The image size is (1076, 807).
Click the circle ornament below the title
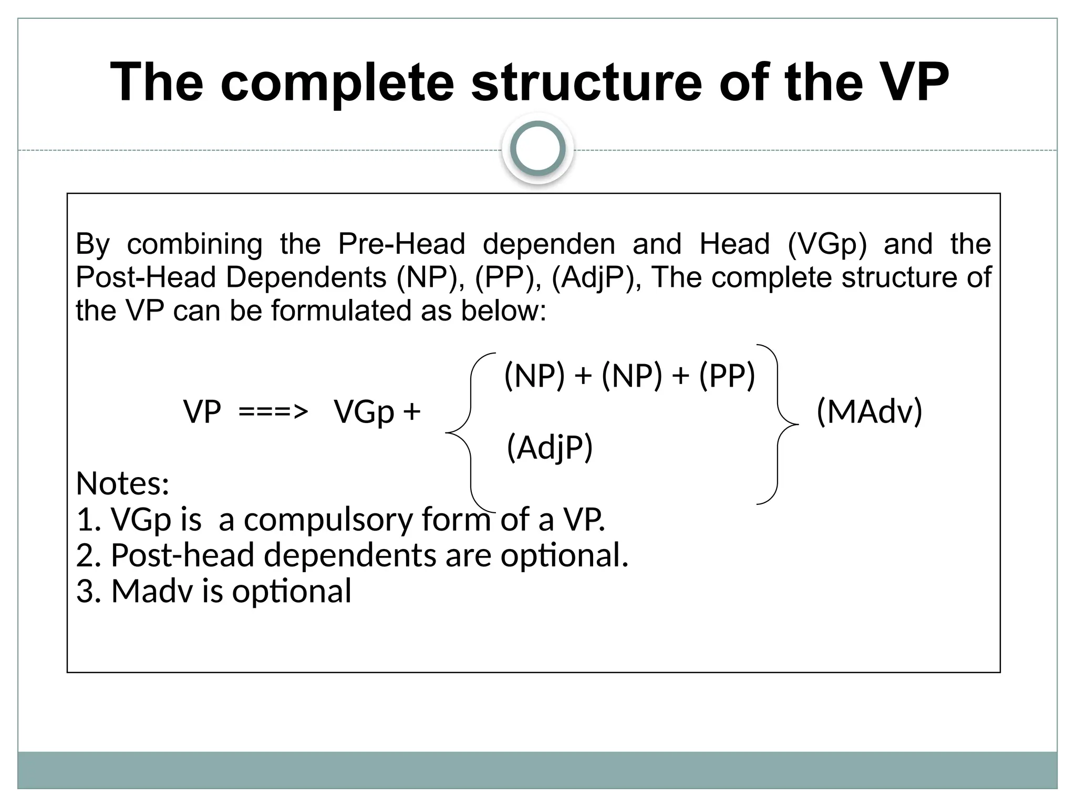(537, 149)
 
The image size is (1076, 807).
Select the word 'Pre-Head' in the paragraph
(401, 244)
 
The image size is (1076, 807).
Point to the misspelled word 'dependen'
(549, 244)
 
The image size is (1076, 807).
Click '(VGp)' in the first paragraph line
(827, 244)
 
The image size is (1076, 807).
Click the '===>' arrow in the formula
(273, 411)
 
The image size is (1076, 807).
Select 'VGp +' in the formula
(377, 411)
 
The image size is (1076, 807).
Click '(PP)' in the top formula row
(727, 376)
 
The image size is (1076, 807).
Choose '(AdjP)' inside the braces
(550, 448)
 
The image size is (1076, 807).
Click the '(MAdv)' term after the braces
(870, 411)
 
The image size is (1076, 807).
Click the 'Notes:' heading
(122, 483)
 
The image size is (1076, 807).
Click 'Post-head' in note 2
(182, 555)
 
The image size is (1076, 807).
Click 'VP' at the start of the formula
(202, 411)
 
